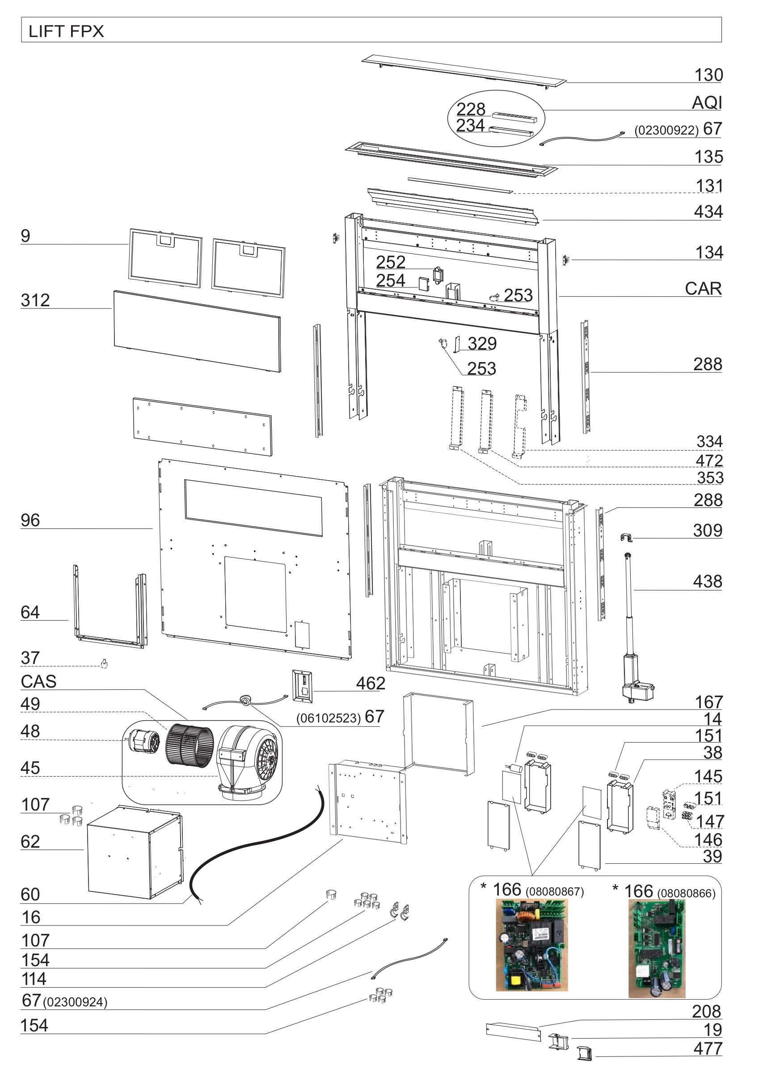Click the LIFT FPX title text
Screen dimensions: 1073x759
66,31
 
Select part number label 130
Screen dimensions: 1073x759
708,75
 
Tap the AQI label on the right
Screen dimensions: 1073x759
706,103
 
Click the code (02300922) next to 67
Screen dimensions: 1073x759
666,131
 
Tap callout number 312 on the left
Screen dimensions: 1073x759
35,300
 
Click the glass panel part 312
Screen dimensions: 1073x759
197,331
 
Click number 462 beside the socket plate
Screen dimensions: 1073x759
370,684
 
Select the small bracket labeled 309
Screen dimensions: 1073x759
626,538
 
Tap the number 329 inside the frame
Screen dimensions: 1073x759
482,343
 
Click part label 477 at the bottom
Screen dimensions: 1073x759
707,1049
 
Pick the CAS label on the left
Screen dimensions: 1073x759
38,682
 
